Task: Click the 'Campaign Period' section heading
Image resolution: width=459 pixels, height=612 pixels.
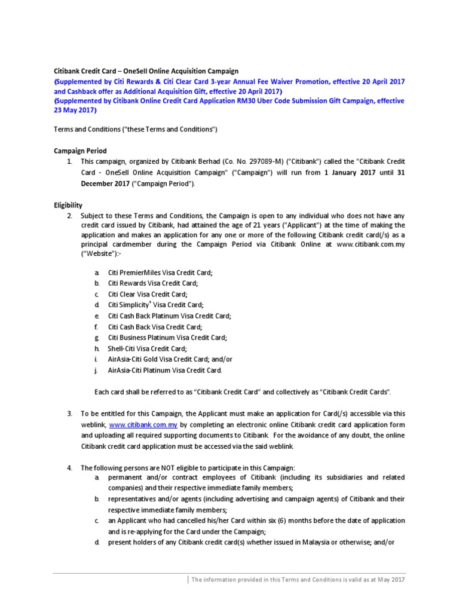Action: (81, 151)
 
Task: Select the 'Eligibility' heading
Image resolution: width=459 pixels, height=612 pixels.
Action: (68, 204)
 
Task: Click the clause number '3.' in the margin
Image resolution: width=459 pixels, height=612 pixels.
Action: (69, 414)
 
